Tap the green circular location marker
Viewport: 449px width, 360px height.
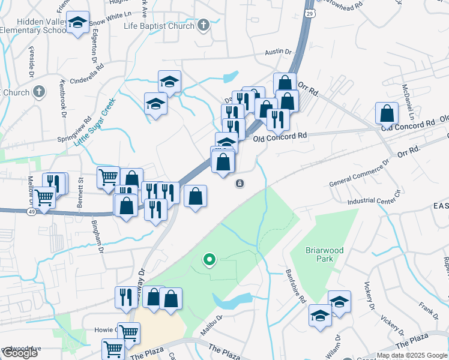(209, 260)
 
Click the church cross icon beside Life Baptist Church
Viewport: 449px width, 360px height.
(203, 25)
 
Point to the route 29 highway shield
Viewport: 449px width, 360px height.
(309, 13)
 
